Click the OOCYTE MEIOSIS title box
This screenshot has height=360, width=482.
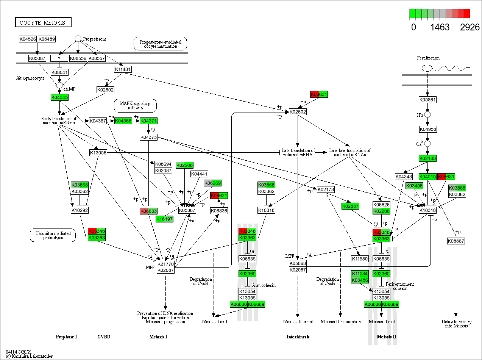coord(43,22)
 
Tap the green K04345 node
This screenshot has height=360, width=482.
coord(59,97)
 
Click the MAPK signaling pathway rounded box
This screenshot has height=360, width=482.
coord(135,106)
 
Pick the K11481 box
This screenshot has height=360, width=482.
coord(123,69)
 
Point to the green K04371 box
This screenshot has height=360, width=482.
coord(148,121)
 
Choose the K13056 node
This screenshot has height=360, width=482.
coord(98,152)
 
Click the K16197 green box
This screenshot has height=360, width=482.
coord(164,219)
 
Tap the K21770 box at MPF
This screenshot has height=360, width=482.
coord(165,264)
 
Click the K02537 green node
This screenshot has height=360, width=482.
coord(350,206)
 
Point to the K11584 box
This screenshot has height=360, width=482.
coord(360,274)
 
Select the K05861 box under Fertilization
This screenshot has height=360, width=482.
coord(427,100)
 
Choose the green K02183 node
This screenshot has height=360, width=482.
coord(427,158)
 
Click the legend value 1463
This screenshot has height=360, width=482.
coord(440,27)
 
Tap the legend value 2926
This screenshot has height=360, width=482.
coord(470,27)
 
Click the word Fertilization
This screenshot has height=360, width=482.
coord(428,58)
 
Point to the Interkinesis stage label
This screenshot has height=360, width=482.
coord(298,337)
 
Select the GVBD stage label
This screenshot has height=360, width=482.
coord(104,337)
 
